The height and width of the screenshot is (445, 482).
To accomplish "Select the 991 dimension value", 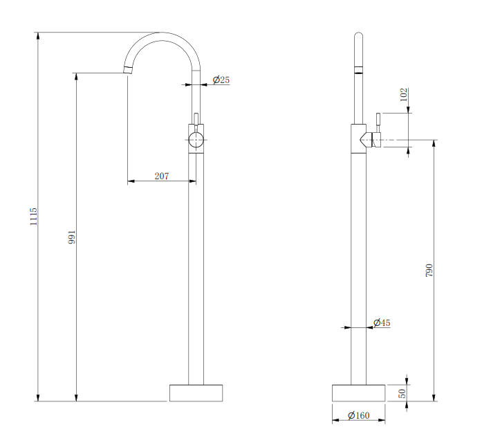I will pyautogui.click(x=71, y=237).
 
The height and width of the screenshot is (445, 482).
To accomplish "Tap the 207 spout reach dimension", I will pyautogui.click(x=161, y=176).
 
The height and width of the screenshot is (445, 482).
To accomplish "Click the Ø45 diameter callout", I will pyautogui.click(x=381, y=323).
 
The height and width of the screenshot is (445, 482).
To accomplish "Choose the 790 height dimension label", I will pyautogui.click(x=429, y=270).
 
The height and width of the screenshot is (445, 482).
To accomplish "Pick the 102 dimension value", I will pyautogui.click(x=404, y=95).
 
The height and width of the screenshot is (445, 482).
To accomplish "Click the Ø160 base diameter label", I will pyautogui.click(x=359, y=415).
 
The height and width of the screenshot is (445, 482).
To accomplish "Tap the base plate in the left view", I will pyautogui.click(x=196, y=392).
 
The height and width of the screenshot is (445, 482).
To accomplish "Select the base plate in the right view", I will pyautogui.click(x=358, y=392).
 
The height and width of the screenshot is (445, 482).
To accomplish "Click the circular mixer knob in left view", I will pyautogui.click(x=196, y=140).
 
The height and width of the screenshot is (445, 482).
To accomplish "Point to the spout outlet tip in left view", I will pyautogui.click(x=128, y=69).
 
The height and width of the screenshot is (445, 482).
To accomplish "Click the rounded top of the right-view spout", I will pyautogui.click(x=358, y=36).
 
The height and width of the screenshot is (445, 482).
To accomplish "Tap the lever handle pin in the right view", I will pyautogui.click(x=378, y=120).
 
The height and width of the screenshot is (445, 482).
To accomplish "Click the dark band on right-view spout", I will pyautogui.click(x=358, y=71).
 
